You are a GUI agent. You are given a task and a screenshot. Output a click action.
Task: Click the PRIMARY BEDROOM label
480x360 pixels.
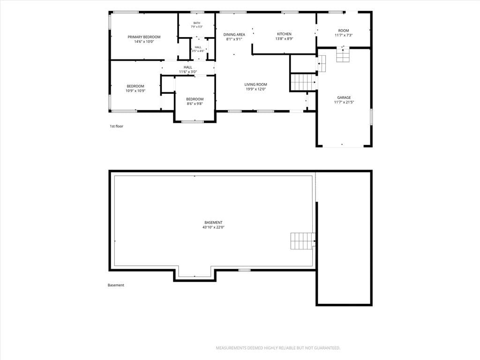(144, 37)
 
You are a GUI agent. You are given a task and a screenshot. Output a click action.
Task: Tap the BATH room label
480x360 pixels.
(196, 23)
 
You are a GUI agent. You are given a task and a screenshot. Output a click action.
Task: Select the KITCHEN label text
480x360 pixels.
(284, 34)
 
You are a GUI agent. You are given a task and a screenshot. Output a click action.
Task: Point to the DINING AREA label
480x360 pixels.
(234, 35)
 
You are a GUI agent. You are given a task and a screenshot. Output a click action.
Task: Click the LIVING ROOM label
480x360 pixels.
(255, 84)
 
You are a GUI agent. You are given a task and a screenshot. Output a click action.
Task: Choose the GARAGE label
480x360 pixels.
(344, 97)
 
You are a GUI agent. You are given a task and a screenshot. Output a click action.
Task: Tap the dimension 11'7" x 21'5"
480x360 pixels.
(344, 102)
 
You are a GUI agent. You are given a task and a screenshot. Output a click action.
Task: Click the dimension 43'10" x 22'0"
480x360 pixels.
(213, 227)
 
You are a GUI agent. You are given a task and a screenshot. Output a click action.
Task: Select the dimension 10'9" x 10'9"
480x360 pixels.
(135, 90)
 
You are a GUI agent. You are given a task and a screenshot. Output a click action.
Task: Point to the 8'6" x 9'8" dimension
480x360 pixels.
(195, 104)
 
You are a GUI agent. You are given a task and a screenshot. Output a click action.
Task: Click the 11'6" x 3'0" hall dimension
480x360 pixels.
(188, 72)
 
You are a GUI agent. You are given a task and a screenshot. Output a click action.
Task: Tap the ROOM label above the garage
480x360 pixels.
(344, 30)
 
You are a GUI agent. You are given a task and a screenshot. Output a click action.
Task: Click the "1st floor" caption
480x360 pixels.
(116, 126)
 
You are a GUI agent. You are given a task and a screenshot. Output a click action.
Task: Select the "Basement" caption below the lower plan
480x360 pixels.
(116, 285)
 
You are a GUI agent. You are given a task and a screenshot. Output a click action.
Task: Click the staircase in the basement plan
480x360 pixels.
(303, 241)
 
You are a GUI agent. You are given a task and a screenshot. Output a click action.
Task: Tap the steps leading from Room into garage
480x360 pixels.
(343, 55)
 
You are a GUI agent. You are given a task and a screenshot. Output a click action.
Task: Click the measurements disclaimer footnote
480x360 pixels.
(278, 348)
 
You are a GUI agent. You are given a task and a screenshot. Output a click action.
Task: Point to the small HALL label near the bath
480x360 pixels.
(198, 47)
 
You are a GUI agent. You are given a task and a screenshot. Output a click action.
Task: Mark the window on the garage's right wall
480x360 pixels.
(371, 117)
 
